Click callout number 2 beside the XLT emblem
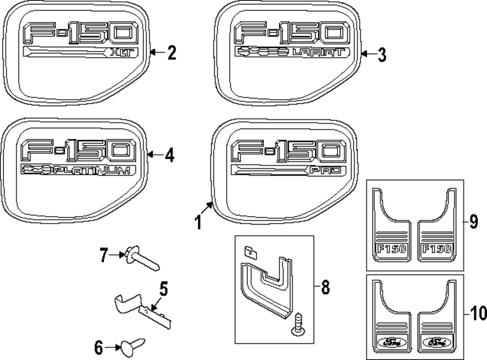click(171, 53)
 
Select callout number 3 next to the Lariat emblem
click(382, 55)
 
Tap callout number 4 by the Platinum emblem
click(169, 155)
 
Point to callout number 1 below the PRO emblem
click(198, 223)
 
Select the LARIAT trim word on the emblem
click(321, 52)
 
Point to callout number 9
click(473, 223)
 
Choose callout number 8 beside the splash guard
click(324, 288)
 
